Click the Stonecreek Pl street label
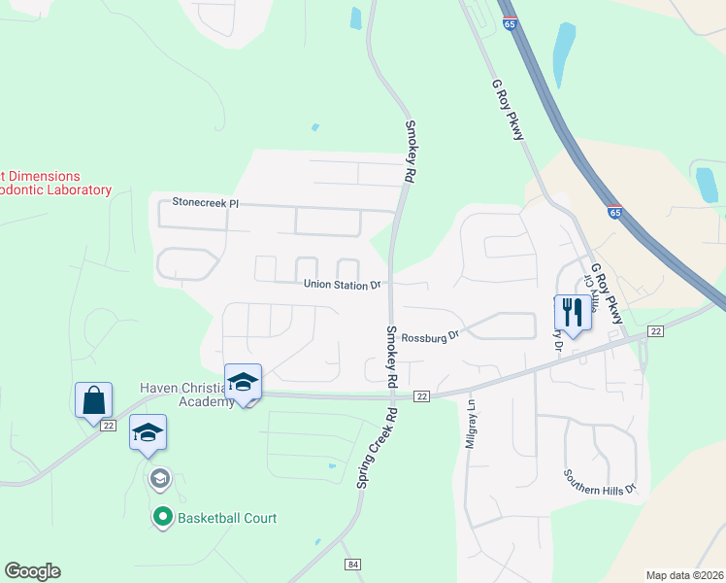[x=205, y=203]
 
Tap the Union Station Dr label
[x=342, y=286]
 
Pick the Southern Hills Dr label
[x=600, y=483]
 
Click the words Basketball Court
[x=227, y=518]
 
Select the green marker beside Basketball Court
[x=163, y=518]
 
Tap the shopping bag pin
[x=94, y=400]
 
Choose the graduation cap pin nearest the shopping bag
[x=148, y=432]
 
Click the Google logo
[x=32, y=571]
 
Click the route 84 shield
[x=352, y=565]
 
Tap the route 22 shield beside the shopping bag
[x=107, y=427]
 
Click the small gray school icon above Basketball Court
[x=159, y=478]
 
